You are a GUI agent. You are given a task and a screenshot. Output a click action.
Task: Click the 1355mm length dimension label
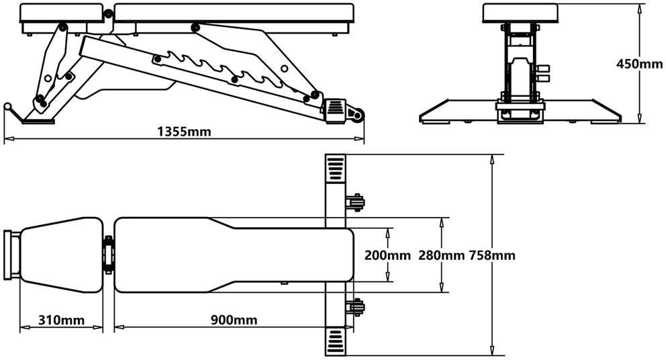coord(184,132)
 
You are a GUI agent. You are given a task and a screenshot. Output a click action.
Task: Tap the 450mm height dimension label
coord(639,64)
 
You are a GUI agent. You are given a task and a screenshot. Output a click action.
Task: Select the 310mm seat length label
coord(61,320)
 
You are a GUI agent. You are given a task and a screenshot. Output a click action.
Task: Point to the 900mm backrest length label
coord(234,320)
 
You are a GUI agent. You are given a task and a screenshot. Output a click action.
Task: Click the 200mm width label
coord(387,255)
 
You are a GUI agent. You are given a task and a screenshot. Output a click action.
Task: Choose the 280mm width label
coord(442,255)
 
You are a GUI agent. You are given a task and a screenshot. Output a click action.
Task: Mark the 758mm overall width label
coord(492,255)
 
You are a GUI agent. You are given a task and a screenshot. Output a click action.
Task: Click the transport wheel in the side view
coord(356,115)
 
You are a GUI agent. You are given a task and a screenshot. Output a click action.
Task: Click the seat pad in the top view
coord(61,255)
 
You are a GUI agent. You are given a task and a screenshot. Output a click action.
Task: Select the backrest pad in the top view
coord(234,255)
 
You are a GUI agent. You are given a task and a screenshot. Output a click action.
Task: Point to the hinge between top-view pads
coord(108,255)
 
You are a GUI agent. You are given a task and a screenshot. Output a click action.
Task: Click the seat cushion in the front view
coord(520,13)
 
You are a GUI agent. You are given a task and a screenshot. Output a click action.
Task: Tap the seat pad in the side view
coord(62,13)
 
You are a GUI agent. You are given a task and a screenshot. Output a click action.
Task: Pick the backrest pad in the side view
coord(234,13)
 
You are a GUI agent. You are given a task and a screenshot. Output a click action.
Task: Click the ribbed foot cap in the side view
coord(336,111)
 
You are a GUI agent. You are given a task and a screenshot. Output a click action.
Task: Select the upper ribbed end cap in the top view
coord(336,169)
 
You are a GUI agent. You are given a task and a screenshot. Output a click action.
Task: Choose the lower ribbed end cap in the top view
coord(336,341)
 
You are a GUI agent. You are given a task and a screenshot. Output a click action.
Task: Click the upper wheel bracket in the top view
coord(355,203)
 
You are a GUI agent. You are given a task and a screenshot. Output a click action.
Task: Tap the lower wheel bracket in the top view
coord(355,308)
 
